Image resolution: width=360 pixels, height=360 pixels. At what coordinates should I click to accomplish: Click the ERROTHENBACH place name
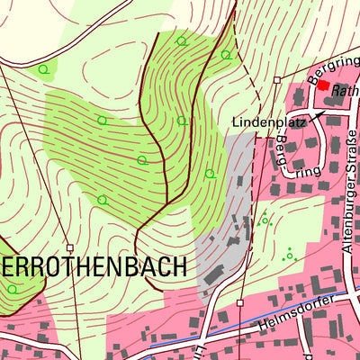[94, 267]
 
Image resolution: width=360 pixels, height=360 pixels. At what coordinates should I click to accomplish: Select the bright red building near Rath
[323, 84]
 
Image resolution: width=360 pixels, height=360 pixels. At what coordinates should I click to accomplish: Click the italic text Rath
[345, 91]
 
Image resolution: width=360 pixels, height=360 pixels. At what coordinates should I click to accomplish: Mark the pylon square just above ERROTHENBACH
[69, 247]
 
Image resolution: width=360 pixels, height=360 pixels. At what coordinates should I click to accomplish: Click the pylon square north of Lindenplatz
[276, 80]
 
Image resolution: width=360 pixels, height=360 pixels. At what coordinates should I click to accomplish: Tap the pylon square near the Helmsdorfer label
[240, 303]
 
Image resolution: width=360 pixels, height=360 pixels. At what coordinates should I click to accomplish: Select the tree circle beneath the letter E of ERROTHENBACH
[12, 289]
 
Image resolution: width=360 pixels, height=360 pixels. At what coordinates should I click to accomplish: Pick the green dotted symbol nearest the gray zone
[265, 220]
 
